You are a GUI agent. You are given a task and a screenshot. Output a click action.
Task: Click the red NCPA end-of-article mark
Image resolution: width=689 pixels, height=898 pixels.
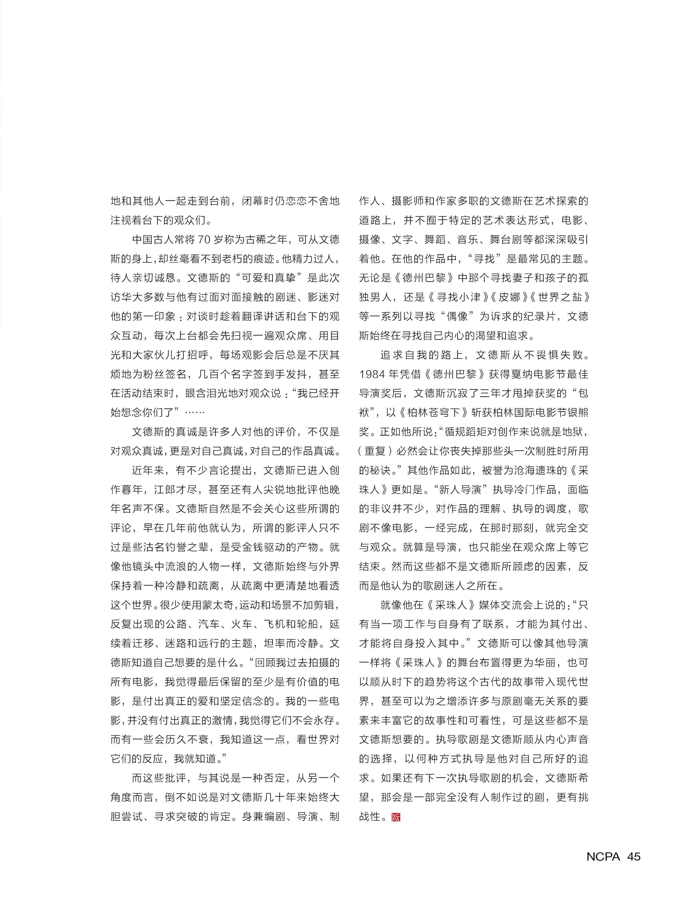(396, 817)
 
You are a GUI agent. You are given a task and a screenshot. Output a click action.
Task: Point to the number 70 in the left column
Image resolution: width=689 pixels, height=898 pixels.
(204, 239)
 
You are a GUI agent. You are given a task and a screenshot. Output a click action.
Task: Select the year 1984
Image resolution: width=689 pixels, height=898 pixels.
(372, 374)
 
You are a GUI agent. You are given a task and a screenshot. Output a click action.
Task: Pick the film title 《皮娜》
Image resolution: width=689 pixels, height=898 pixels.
(509, 297)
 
